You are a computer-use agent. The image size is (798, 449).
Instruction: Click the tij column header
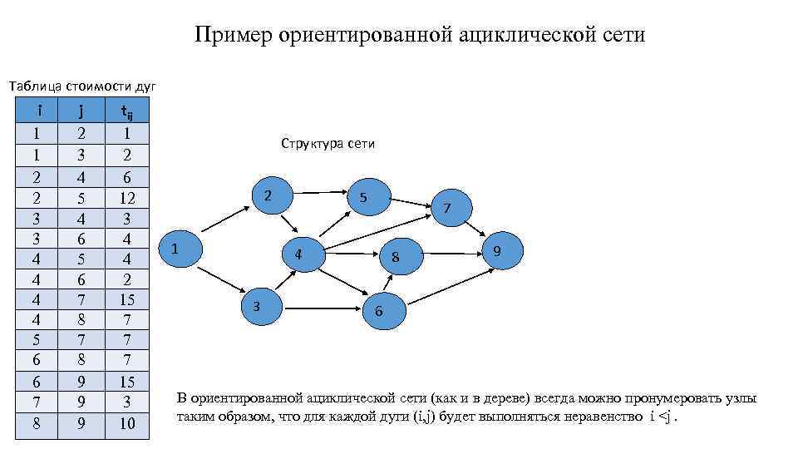point(126,111)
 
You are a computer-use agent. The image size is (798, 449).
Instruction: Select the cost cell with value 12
point(126,198)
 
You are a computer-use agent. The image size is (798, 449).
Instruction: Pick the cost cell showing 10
point(126,424)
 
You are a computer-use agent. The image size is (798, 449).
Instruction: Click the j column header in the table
point(81,111)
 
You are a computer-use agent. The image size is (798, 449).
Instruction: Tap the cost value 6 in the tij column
point(126,176)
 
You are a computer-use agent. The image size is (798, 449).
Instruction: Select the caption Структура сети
point(328,144)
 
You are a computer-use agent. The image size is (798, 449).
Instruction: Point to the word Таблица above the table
point(36,86)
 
